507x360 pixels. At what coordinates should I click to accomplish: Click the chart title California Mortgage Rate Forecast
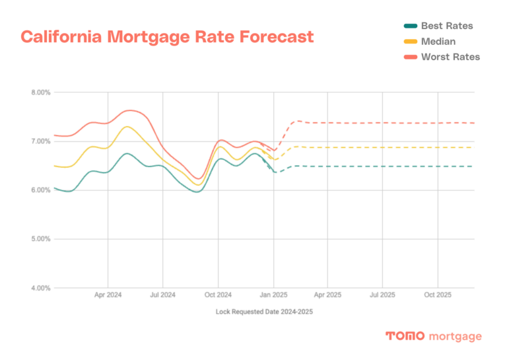click(167, 36)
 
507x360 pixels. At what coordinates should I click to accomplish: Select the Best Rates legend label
click(447, 26)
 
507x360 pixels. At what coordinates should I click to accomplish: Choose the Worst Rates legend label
click(450, 57)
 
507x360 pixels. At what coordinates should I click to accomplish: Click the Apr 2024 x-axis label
click(108, 294)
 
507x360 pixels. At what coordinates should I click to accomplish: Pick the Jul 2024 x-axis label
click(163, 294)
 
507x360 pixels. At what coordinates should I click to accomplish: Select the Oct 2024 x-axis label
click(218, 294)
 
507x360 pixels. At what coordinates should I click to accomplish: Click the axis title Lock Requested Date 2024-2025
click(263, 310)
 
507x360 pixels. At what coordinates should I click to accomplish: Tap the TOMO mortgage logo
click(433, 336)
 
